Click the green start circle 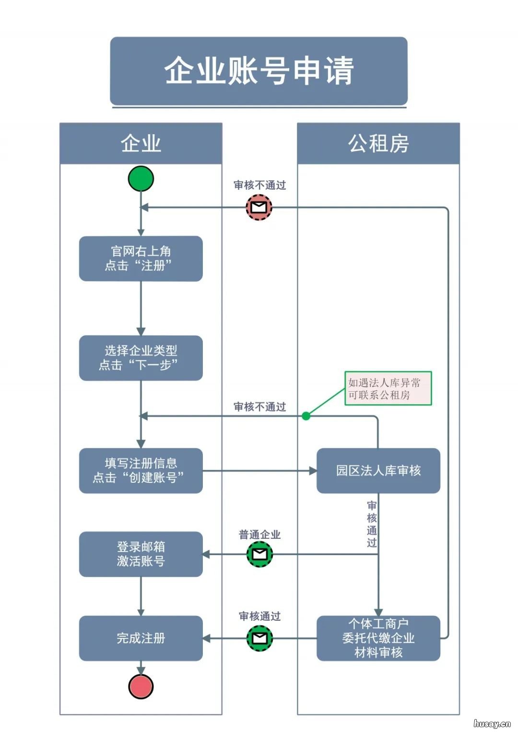(141, 179)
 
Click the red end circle (141, 686)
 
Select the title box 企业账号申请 (259, 71)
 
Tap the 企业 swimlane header (141, 143)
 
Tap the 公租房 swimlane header (378, 143)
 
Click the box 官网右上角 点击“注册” (141, 258)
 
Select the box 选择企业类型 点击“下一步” (141, 358)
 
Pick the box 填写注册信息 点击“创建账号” (141, 471)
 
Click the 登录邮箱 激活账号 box (141, 554)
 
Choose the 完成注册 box (141, 638)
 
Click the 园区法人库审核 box (378, 471)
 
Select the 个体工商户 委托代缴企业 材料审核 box (378, 638)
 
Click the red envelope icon (259, 207)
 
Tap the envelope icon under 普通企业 (259, 554)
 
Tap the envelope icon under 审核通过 (259, 638)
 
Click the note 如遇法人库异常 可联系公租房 (388, 388)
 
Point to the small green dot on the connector (306, 416)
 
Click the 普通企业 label (259, 534)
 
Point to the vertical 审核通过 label (372, 524)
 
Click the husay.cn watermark (492, 723)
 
